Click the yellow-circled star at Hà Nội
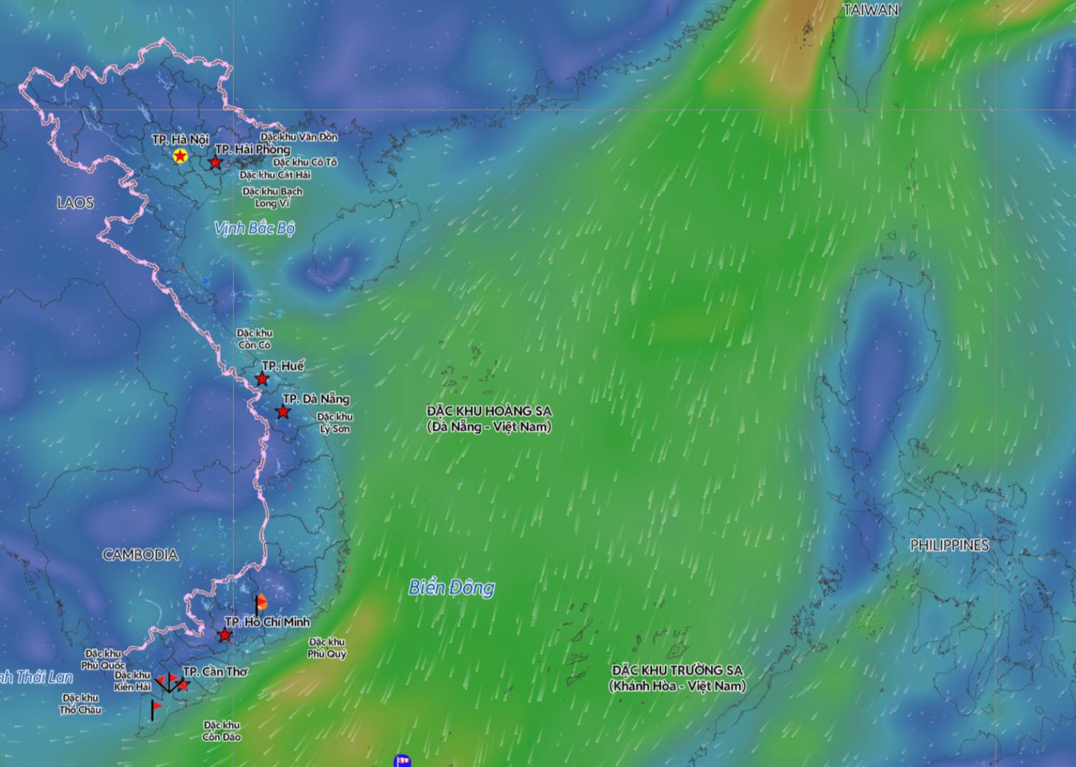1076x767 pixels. pyautogui.click(x=180, y=156)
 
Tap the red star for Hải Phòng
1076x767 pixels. pyautogui.click(x=215, y=163)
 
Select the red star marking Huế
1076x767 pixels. pyautogui.click(x=263, y=379)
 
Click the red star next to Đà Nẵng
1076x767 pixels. pyautogui.click(x=283, y=412)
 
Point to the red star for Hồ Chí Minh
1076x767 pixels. pyautogui.click(x=224, y=635)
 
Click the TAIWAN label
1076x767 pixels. pyautogui.click(x=871, y=10)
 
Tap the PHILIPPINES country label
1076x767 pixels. pyautogui.click(x=950, y=545)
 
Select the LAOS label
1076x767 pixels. pyautogui.click(x=75, y=203)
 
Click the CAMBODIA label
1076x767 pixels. pyautogui.click(x=141, y=555)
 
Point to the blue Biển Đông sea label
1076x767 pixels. pyautogui.click(x=452, y=587)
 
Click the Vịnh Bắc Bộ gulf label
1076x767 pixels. pyautogui.click(x=254, y=228)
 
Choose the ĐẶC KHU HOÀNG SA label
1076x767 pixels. pyautogui.click(x=489, y=419)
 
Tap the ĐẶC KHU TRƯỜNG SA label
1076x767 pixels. pyautogui.click(x=677, y=678)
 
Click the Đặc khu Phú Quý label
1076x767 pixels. pyautogui.click(x=327, y=648)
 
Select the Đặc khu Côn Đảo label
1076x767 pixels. pyautogui.click(x=222, y=731)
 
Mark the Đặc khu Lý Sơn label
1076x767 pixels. pyautogui.click(x=335, y=423)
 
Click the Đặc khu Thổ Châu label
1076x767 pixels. pyautogui.click(x=80, y=704)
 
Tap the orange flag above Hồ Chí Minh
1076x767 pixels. pyautogui.click(x=261, y=602)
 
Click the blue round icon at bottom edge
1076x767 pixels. pyautogui.click(x=402, y=761)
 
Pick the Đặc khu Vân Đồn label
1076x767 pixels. pyautogui.click(x=299, y=137)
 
